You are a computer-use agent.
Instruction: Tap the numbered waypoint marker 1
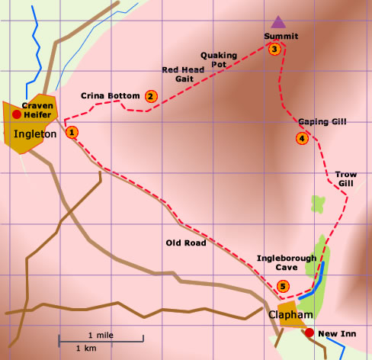tap(72, 132)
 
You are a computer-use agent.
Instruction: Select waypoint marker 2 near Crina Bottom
tap(151, 96)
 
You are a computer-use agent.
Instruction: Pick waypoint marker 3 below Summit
tap(274, 50)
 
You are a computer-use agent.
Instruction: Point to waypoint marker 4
tap(302, 138)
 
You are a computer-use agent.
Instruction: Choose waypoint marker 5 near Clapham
tap(284, 287)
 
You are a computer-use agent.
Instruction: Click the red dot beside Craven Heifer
tap(16, 114)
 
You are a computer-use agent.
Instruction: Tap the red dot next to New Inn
tap(309, 333)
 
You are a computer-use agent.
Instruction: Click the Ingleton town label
tap(35, 134)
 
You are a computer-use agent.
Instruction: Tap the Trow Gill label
tap(346, 178)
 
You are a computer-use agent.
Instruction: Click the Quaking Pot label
tap(220, 59)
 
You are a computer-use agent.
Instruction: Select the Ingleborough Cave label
tap(286, 263)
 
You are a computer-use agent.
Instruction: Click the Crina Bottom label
tap(111, 95)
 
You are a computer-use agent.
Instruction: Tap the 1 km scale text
tap(86, 348)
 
